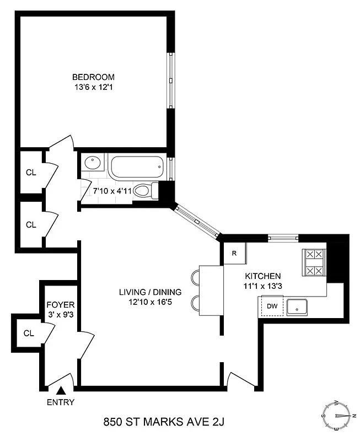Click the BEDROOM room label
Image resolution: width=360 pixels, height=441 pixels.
(93, 77)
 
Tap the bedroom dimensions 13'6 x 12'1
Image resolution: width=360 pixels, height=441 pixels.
(93, 87)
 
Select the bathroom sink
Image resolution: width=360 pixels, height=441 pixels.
(92, 164)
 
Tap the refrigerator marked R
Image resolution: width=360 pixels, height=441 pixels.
(234, 254)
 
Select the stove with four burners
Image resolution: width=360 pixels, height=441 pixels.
(314, 263)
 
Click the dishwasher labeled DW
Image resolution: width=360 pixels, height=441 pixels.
(272, 306)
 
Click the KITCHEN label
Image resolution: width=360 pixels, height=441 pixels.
(263, 276)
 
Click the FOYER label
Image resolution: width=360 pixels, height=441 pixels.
(60, 304)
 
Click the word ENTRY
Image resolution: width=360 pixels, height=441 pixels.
(61, 402)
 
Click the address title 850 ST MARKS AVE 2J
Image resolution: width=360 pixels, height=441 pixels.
(165, 423)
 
